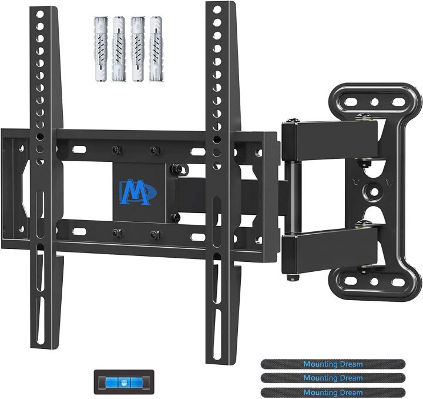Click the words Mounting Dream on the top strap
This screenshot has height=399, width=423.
click(x=333, y=363)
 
